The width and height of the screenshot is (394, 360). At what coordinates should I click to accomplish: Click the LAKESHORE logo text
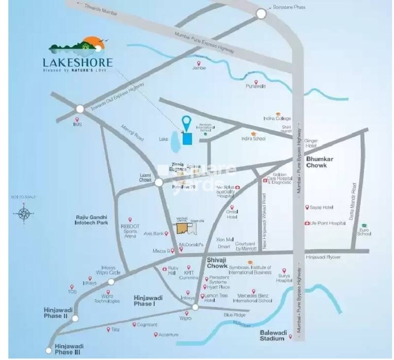(77, 63)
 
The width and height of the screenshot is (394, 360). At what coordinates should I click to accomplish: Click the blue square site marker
(187, 139)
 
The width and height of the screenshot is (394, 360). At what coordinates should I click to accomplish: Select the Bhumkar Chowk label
(323, 163)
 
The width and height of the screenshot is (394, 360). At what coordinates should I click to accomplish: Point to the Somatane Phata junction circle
(261, 14)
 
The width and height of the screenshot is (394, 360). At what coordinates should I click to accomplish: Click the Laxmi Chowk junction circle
(159, 182)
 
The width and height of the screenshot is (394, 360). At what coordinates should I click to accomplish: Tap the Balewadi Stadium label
(272, 335)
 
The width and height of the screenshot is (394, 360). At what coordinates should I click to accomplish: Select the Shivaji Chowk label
(217, 262)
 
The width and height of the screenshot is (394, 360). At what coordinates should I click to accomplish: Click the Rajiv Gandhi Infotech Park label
(92, 220)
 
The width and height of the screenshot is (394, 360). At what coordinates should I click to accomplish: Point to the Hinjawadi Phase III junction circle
(48, 351)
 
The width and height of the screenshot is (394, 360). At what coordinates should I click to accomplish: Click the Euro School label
(364, 231)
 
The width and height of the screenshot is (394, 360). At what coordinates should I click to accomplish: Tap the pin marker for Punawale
(256, 82)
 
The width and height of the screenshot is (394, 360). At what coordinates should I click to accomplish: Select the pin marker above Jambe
(199, 63)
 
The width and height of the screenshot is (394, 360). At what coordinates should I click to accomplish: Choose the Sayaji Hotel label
(322, 207)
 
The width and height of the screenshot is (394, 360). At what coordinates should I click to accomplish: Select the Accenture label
(168, 335)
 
